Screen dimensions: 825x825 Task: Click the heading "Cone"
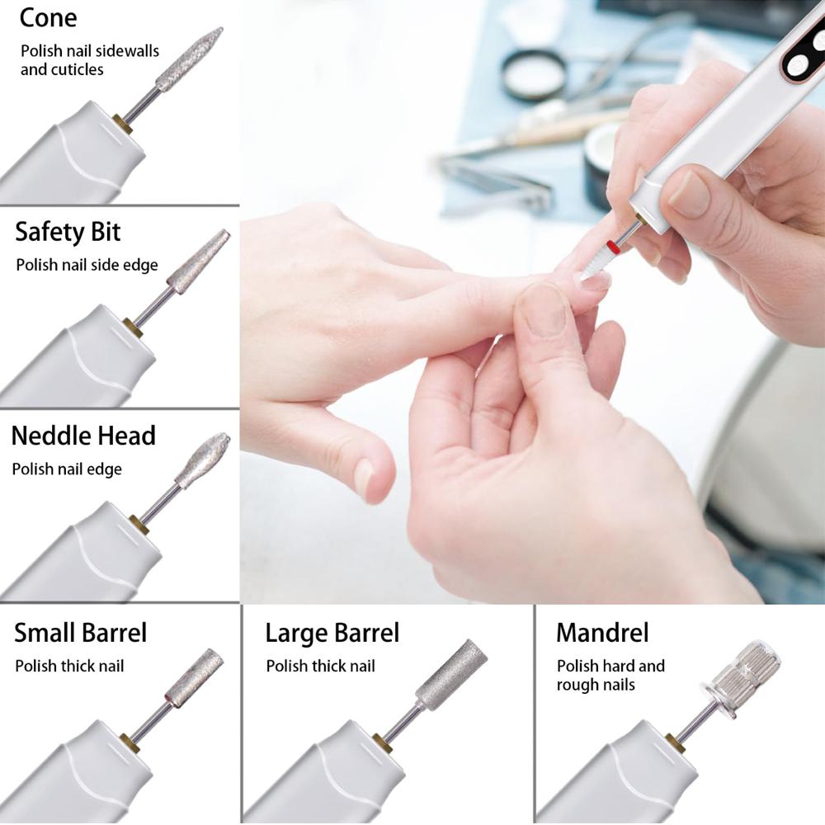48,17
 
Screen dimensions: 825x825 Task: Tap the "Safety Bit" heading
68,232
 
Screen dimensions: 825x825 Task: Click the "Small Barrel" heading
80,633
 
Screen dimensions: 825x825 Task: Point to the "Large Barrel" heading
332,633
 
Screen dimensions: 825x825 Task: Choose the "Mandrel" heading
602,633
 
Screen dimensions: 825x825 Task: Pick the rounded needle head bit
202,460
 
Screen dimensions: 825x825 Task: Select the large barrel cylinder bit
450,674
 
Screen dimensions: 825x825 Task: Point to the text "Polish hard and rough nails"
610,675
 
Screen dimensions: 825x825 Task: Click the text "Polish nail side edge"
87,265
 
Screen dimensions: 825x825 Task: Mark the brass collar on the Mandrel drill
675,742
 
